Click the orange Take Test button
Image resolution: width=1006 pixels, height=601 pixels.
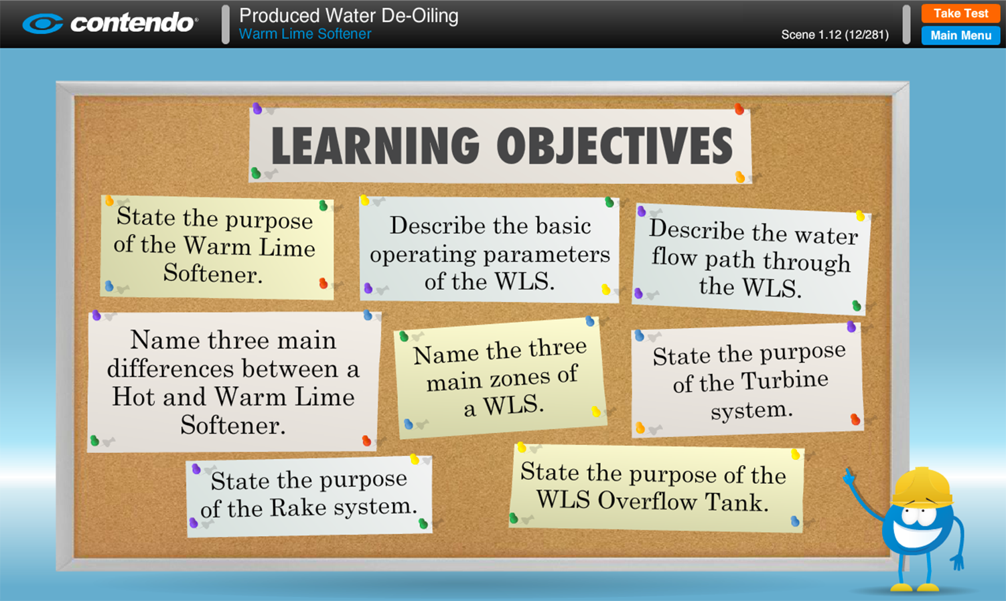(960, 13)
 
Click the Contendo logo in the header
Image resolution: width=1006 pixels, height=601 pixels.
(110, 23)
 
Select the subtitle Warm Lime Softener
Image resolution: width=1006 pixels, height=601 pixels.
(305, 34)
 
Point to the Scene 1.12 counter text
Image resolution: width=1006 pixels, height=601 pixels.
(835, 35)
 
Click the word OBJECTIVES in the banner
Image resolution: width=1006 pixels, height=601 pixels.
(614, 145)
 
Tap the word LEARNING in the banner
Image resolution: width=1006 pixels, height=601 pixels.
(376, 145)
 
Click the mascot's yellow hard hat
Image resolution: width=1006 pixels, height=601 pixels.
(922, 487)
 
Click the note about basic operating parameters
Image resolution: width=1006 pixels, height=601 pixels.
(490, 250)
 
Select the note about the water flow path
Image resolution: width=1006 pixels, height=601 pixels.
(751, 260)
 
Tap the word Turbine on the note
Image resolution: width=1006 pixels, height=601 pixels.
(784, 380)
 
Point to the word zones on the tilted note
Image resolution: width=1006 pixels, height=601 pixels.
(520, 378)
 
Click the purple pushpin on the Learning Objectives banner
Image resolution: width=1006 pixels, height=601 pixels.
(257, 108)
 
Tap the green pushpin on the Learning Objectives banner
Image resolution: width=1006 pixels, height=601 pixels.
(256, 173)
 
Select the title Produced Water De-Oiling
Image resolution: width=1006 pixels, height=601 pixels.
(349, 15)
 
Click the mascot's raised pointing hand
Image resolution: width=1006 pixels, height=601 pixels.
(849, 477)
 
